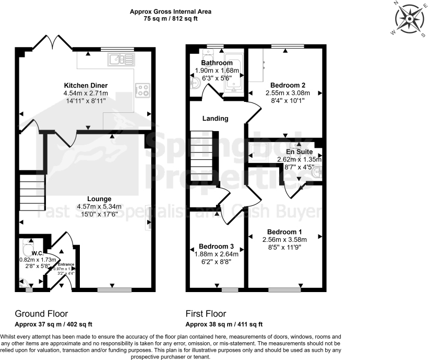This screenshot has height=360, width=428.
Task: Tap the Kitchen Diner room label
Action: [86, 85]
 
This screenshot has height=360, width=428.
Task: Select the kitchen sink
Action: [121, 59]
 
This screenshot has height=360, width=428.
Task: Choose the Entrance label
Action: [66, 265]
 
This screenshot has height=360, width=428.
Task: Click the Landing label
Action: [216, 119]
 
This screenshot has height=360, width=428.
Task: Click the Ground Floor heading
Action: [41, 314]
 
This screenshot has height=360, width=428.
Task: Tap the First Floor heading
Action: [206, 314]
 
